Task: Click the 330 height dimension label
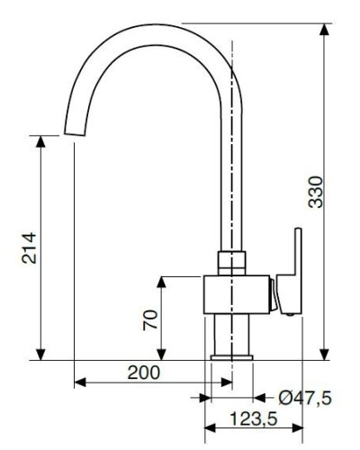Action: (x=316, y=192)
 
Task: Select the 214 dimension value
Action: (x=29, y=248)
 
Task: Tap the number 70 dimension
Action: (x=150, y=320)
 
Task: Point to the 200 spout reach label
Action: (x=144, y=373)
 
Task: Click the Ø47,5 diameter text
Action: (x=305, y=398)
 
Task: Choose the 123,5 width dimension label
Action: (x=254, y=418)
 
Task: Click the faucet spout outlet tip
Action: (x=75, y=133)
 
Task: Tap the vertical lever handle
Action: (x=290, y=271)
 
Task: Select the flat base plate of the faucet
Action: (x=231, y=357)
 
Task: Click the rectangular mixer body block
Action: (x=237, y=294)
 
